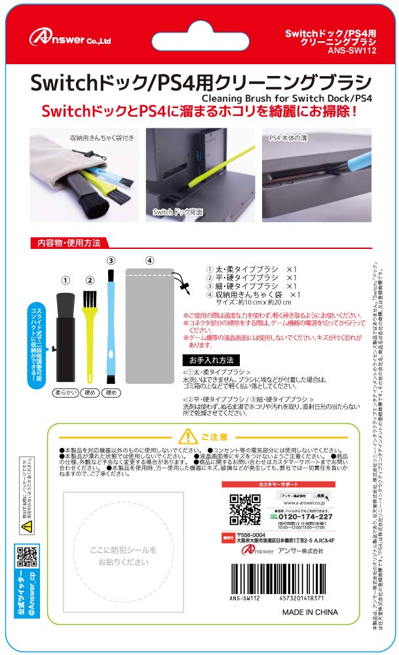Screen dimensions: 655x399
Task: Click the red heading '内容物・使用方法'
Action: click(x=66, y=243)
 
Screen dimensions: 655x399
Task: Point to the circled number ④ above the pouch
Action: click(x=150, y=260)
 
